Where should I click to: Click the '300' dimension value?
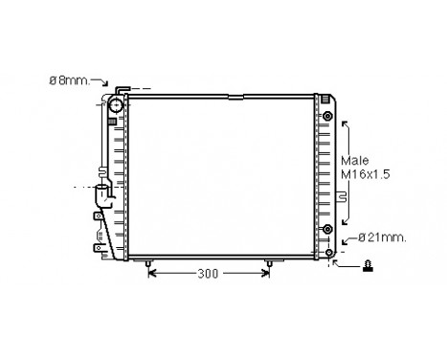[208, 273]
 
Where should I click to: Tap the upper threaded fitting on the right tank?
[329, 117]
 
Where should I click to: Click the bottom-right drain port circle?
[329, 253]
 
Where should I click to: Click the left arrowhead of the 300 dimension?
[151, 273]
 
